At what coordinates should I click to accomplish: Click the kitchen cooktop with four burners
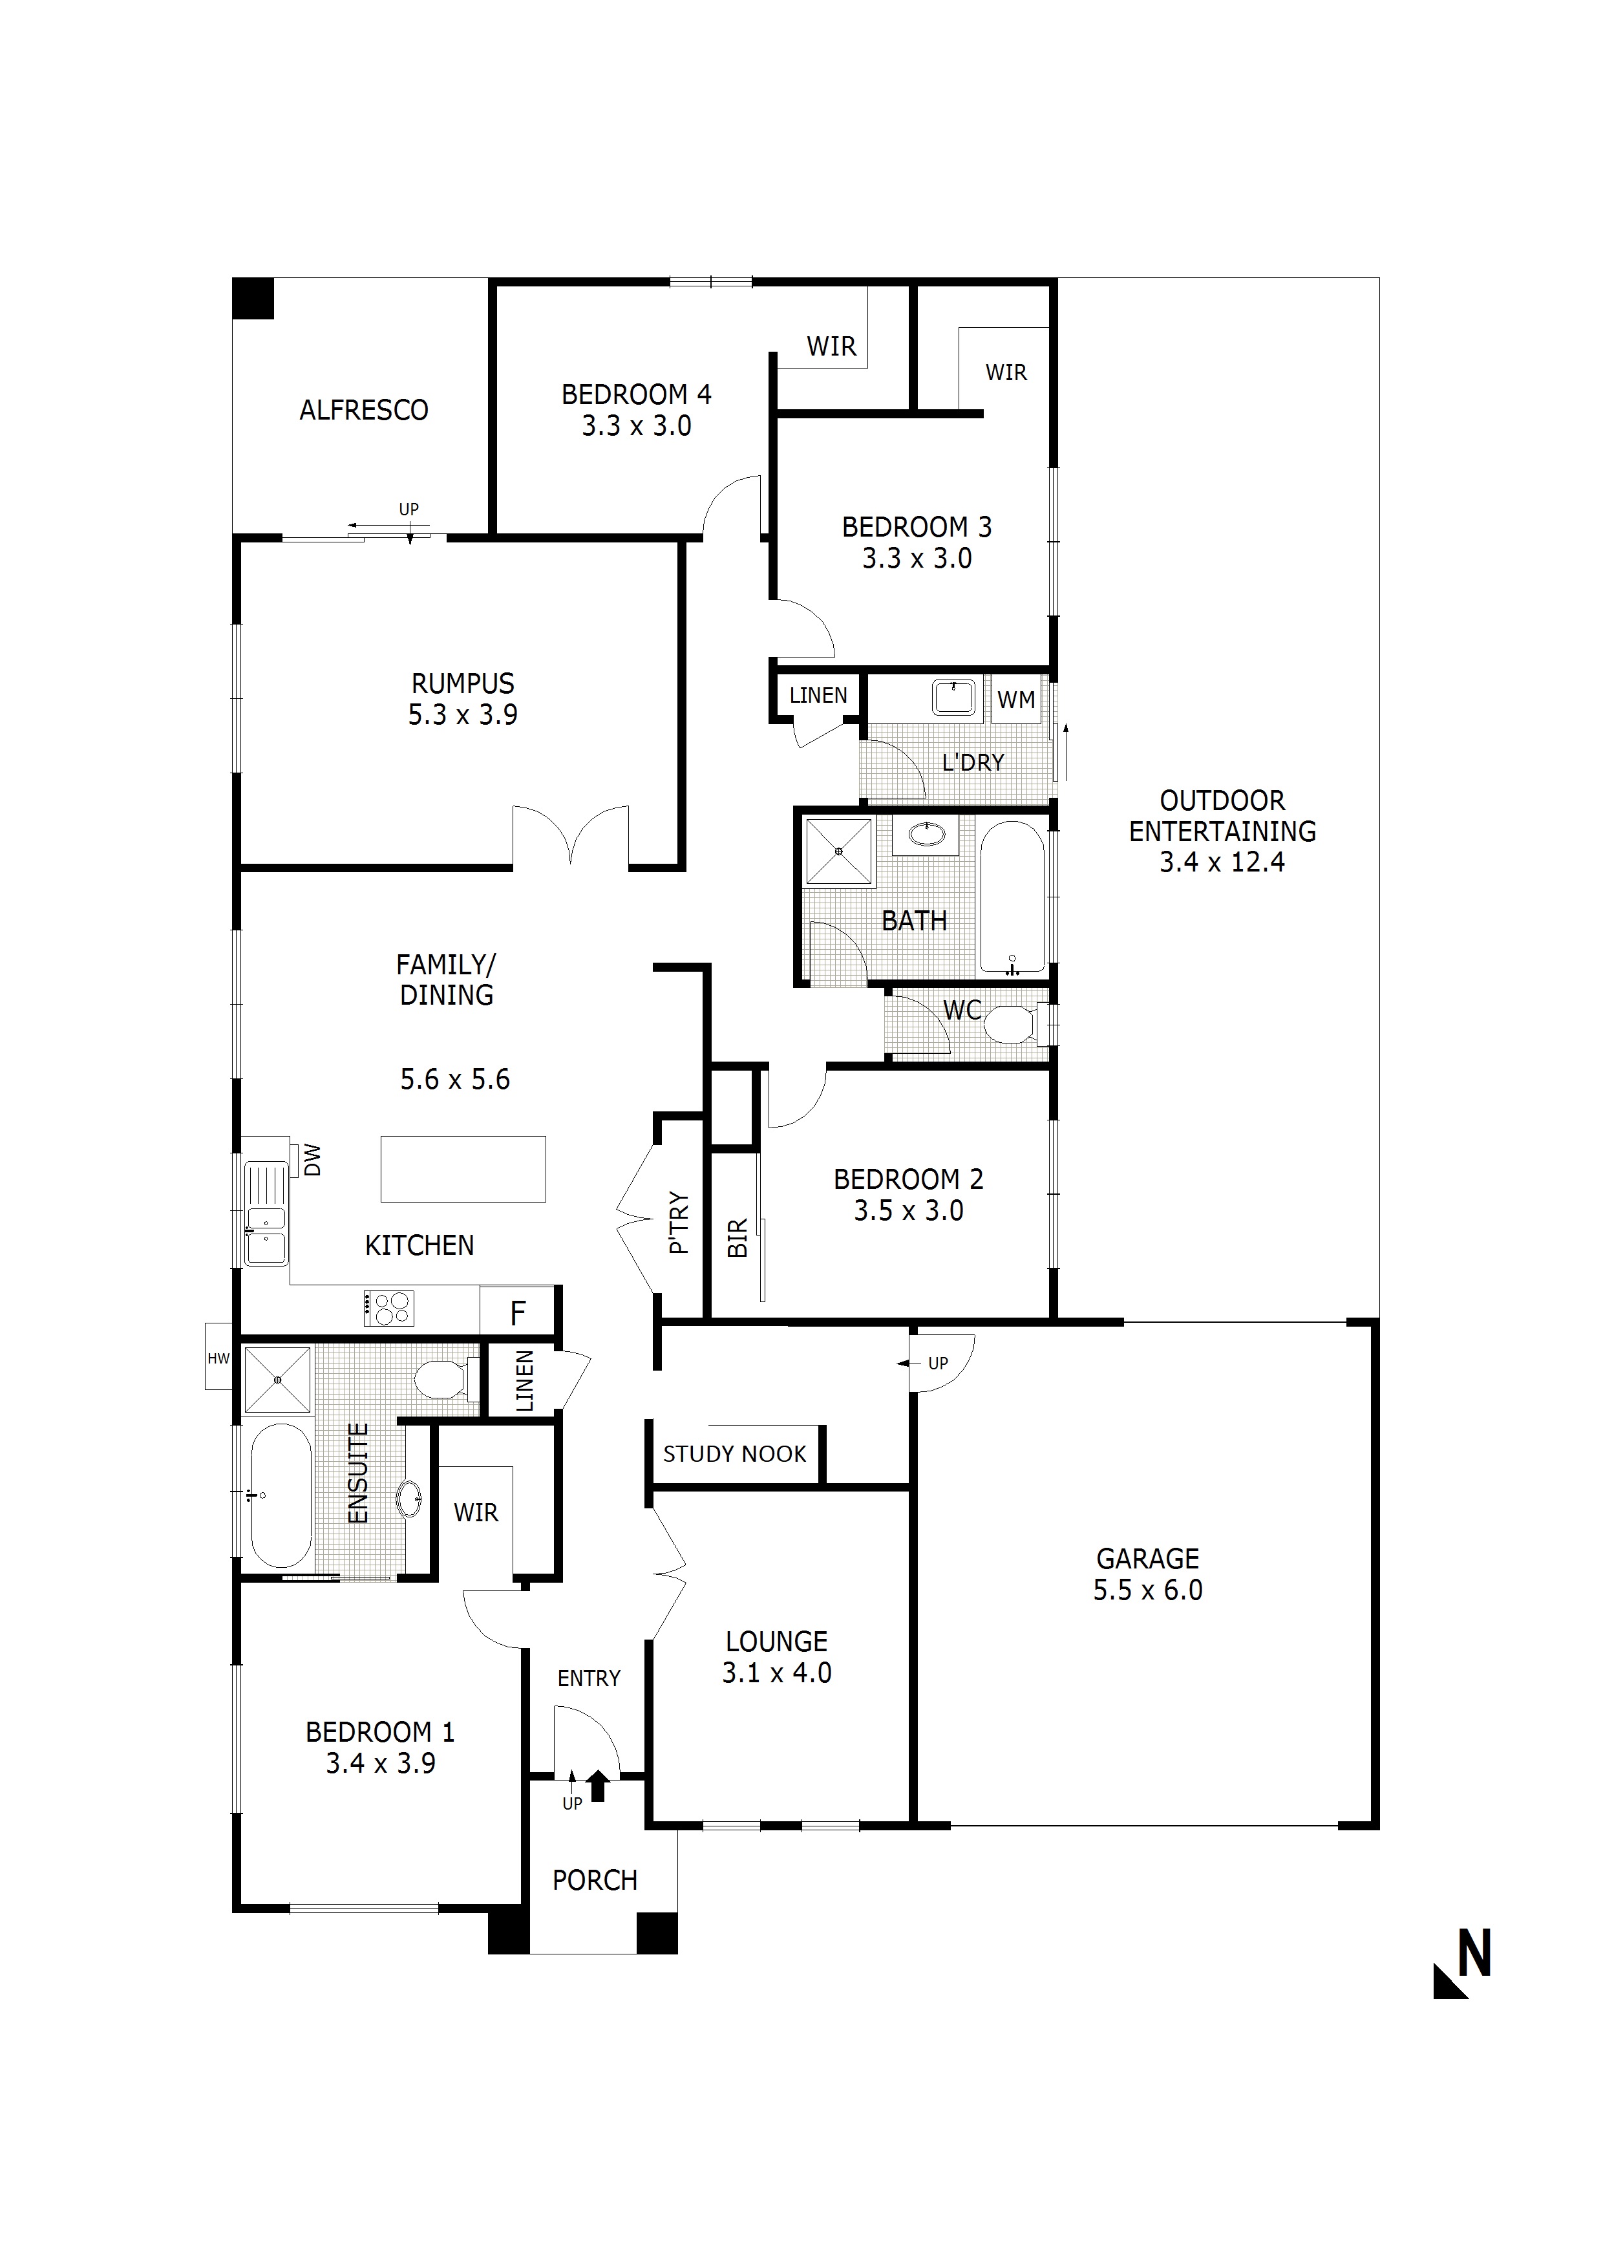(389, 1308)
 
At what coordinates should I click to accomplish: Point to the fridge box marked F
(518, 1313)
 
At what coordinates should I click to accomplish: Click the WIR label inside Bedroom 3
(1006, 372)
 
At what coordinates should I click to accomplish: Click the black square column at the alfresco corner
(253, 298)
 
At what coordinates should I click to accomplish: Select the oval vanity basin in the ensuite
(409, 1499)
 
